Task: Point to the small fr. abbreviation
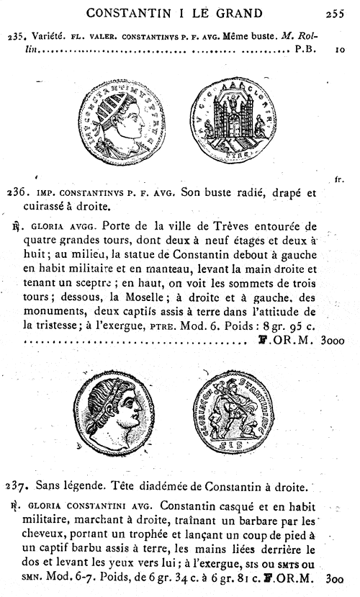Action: click(x=339, y=177)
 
